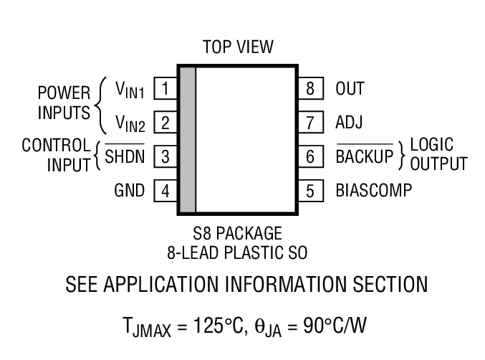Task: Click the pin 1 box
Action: [x=165, y=89]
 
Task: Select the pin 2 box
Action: [x=165, y=123]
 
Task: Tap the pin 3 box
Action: [x=165, y=156]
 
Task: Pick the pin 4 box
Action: [x=165, y=191]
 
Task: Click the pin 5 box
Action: [x=309, y=191]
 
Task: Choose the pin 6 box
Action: [x=309, y=156]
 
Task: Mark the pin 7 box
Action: [x=309, y=123]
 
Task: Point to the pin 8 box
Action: [x=309, y=89]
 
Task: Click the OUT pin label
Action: [x=350, y=89]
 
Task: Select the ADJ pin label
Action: [x=349, y=123]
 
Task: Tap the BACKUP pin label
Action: [x=365, y=156]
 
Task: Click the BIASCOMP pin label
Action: [x=373, y=191]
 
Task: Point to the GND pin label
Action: [x=130, y=191]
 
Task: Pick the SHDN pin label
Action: [x=125, y=156]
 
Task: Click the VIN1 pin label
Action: [x=130, y=90]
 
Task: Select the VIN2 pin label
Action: [x=130, y=124]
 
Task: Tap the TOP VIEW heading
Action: [x=238, y=47]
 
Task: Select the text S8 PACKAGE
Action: [x=237, y=234]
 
